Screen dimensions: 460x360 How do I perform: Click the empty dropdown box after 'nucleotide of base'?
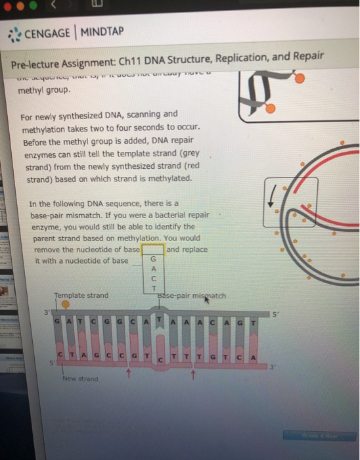coord(153,250)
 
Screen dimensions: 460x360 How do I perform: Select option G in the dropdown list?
coord(153,260)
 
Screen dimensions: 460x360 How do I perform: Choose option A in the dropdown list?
coord(153,269)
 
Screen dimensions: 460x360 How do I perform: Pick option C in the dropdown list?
coord(153,279)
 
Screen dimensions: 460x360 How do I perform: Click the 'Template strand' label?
coord(81,296)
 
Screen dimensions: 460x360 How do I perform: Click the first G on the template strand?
coord(59,320)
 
